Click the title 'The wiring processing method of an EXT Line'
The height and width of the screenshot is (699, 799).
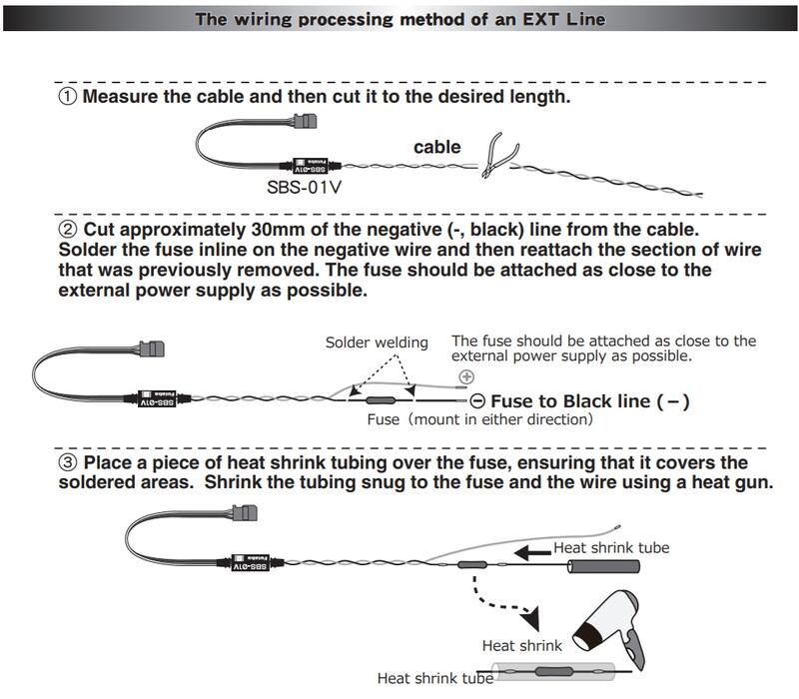[399, 18]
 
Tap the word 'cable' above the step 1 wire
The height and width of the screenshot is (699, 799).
[437, 147]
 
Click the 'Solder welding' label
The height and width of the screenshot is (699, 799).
[377, 343]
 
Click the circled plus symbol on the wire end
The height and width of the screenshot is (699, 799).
[465, 377]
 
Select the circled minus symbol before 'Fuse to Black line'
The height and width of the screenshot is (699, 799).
[477, 400]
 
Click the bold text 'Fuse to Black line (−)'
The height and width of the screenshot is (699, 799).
[590, 401]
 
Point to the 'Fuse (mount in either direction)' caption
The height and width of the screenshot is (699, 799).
[479, 420]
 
